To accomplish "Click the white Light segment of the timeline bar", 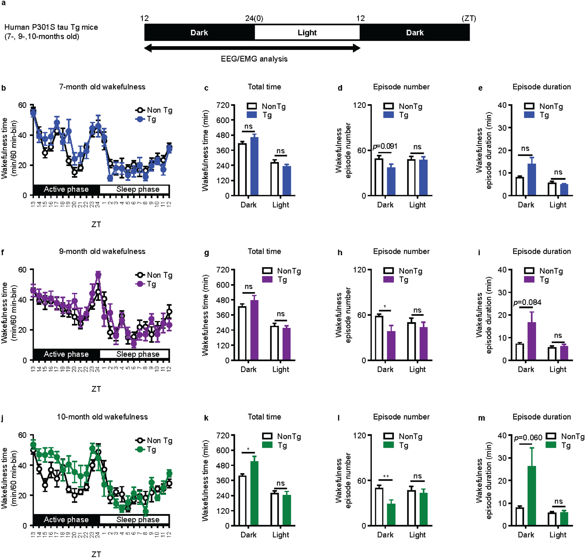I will (x=307, y=32).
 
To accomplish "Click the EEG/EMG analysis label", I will (x=254, y=59).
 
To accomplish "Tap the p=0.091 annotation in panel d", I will (x=385, y=146).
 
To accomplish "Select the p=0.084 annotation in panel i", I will (x=527, y=302).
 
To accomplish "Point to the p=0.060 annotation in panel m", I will (x=528, y=438).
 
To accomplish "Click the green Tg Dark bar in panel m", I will (x=531, y=496).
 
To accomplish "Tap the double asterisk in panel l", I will (x=386, y=477).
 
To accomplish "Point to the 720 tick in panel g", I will (x=223, y=270).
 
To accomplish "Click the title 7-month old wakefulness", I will (x=102, y=87).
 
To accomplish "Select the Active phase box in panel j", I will (x=66, y=519).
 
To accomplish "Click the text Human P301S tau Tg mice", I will (x=51, y=27).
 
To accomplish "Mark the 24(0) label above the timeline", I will (x=254, y=19).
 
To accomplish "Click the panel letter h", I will (x=340, y=253).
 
